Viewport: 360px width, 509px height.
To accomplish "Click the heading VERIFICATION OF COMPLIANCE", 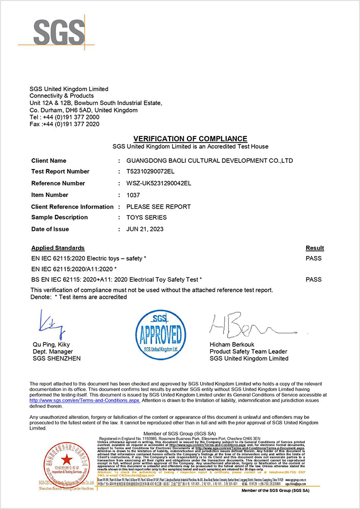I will click(190, 139).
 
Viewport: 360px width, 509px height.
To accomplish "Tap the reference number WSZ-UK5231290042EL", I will click(158, 183).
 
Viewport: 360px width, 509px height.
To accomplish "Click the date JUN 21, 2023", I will click(145, 229).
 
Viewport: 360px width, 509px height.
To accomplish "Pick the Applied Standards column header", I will click(58, 248).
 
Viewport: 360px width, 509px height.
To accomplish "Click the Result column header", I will click(315, 248).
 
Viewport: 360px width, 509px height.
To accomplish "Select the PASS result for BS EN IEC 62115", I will click(314, 279).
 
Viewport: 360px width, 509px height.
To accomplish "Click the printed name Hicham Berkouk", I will click(235, 345).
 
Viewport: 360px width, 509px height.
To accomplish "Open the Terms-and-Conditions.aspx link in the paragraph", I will click(85, 401).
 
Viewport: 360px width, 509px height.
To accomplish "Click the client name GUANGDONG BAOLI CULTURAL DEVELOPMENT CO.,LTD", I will click(209, 161).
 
